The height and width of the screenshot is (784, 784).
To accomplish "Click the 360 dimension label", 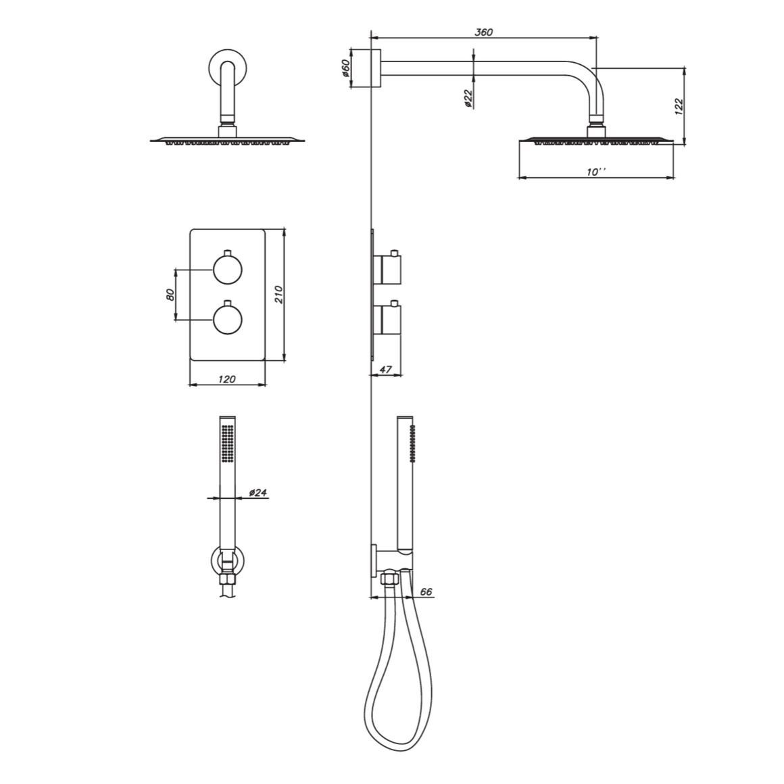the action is pos(483,32).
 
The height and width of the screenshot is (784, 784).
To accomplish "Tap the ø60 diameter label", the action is pos(345,68).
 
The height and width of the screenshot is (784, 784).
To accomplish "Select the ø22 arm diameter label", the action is pos(468,99).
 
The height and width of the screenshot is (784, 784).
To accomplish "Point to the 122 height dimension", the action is pos(678,107).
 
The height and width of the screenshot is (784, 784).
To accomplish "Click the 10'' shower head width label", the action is pos(596,172).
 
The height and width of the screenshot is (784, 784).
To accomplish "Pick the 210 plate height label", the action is pos(278,295).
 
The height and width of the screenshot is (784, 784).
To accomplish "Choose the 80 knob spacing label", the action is pos(170,295).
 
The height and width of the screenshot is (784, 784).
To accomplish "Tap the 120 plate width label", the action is pos(227,380).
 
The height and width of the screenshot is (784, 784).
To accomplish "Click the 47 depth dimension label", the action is pos(385,370).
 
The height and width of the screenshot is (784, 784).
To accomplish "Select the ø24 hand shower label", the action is pos(258,493).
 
